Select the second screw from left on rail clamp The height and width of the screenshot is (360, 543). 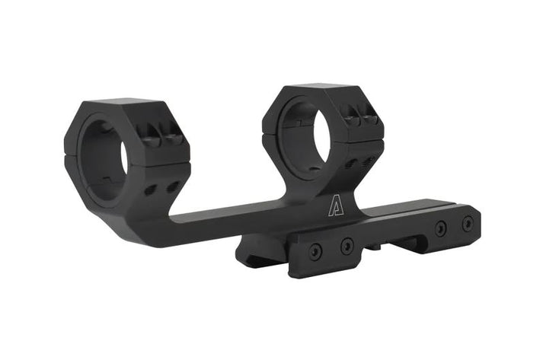click(347, 245)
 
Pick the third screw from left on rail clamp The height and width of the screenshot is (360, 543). click(440, 228)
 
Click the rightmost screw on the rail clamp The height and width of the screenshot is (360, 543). click(467, 222)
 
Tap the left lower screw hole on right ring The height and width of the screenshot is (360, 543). click(352, 164)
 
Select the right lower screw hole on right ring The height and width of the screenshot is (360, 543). click(370, 161)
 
